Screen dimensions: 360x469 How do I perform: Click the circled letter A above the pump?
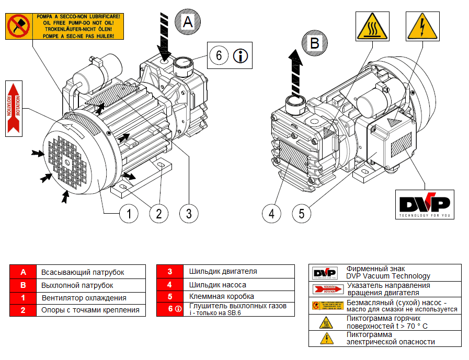(x=188, y=21)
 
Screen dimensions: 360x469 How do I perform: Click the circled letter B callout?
(x=314, y=43)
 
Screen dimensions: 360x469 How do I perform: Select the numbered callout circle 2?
(x=159, y=213)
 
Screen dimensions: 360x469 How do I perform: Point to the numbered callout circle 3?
(x=189, y=213)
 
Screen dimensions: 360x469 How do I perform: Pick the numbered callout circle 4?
(x=271, y=213)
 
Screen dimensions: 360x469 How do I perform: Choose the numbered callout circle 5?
(x=302, y=213)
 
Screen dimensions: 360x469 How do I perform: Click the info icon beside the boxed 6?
(x=241, y=55)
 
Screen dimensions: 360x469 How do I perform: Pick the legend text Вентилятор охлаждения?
(x=84, y=298)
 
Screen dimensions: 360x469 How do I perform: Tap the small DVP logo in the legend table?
(x=324, y=273)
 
